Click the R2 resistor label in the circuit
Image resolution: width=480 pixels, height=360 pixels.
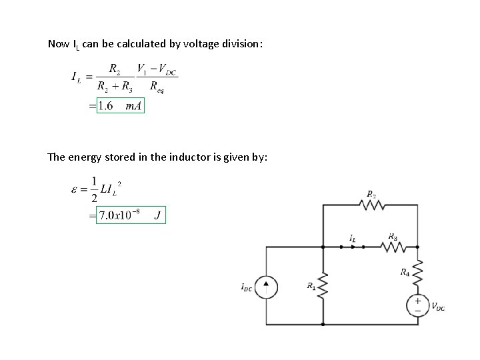click(371, 194)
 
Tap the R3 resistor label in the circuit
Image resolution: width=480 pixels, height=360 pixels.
click(393, 236)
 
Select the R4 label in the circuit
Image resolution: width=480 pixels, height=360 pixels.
click(405, 271)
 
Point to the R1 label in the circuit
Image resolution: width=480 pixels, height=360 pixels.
click(311, 286)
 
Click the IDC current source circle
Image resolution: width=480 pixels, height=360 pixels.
click(266, 286)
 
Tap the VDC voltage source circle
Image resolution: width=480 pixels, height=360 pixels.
click(418, 305)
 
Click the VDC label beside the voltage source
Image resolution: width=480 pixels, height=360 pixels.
click(438, 307)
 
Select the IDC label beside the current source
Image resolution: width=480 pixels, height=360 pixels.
click(247, 287)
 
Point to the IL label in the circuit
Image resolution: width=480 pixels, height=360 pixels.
click(352, 237)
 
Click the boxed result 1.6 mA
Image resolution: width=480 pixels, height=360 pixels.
click(120, 105)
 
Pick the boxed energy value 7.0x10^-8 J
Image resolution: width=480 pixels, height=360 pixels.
click(131, 215)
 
